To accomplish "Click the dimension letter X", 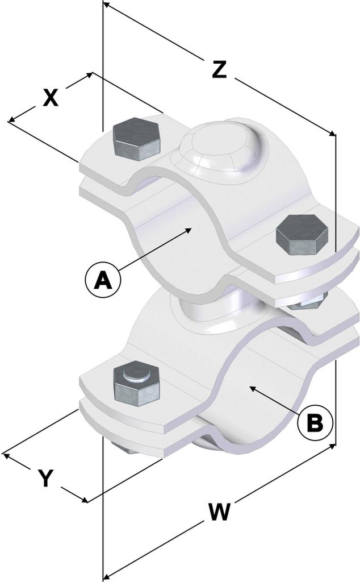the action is [51, 98].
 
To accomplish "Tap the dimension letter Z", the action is [220, 69].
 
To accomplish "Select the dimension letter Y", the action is [46, 477].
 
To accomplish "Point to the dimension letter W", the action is [220, 513].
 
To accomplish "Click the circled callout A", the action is [103, 280].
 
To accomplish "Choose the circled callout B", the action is [315, 422].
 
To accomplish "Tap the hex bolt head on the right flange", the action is [302, 235].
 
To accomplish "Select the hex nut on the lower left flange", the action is [137, 383].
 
